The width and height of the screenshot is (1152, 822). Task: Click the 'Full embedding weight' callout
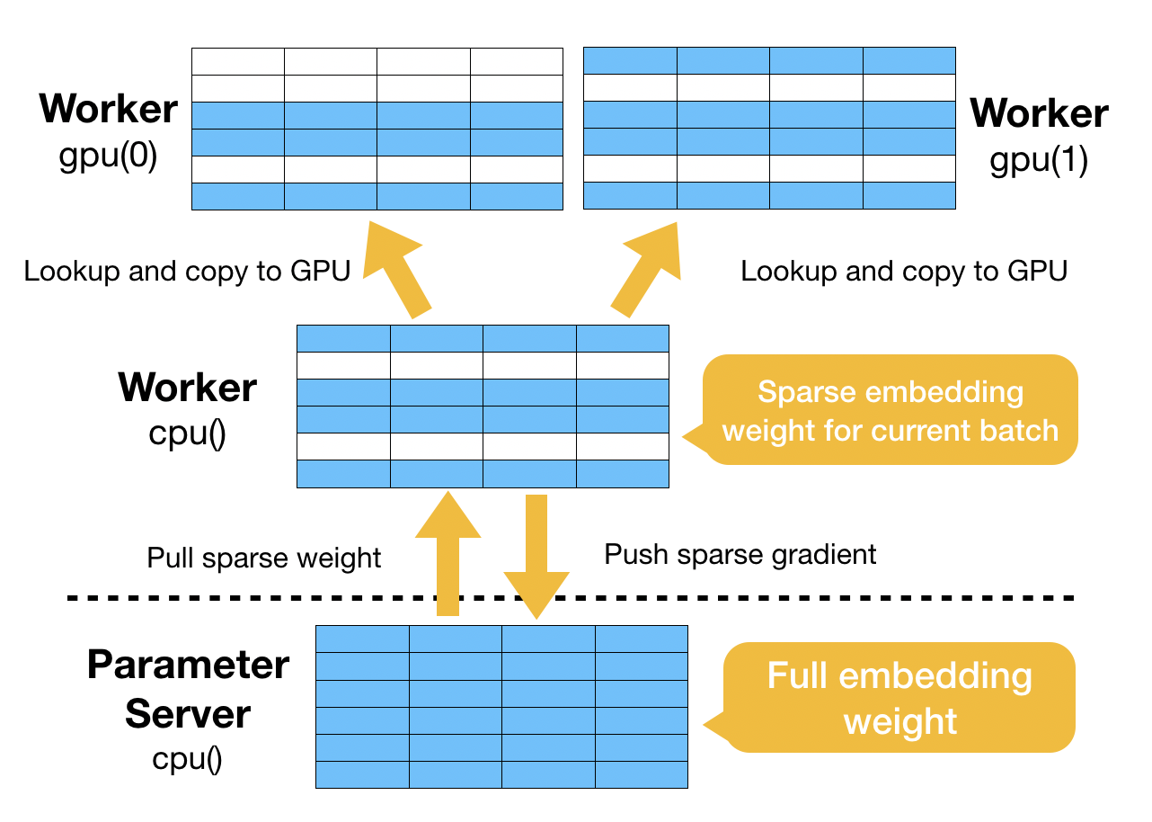click(x=900, y=698)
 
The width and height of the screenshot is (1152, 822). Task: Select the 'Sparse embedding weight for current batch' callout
click(x=891, y=410)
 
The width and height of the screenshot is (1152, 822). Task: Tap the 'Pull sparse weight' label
click(x=264, y=558)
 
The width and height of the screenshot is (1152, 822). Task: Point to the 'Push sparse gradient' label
click(x=740, y=554)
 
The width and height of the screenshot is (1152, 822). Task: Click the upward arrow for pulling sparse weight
click(x=448, y=553)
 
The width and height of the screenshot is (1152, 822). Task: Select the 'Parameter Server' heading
click(x=188, y=689)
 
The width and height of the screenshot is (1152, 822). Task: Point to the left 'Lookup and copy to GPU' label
click(x=187, y=271)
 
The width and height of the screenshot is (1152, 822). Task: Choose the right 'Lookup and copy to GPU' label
click(x=903, y=271)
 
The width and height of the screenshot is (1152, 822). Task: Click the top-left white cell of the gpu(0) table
click(x=238, y=61)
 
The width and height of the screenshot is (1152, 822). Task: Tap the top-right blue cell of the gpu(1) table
click(x=908, y=60)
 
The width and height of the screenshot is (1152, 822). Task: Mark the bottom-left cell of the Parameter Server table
click(x=362, y=774)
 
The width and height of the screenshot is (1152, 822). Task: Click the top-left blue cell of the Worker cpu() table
click(x=343, y=338)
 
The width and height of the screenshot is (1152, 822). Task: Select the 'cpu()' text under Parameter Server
click(x=187, y=759)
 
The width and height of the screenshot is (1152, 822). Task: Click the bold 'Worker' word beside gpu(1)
click(x=1039, y=113)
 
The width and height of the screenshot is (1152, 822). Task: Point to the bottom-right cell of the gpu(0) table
click(x=516, y=196)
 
